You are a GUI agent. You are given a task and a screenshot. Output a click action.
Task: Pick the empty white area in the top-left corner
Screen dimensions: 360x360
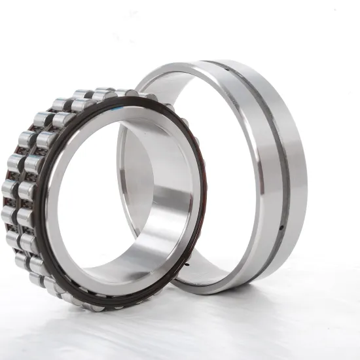26,26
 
